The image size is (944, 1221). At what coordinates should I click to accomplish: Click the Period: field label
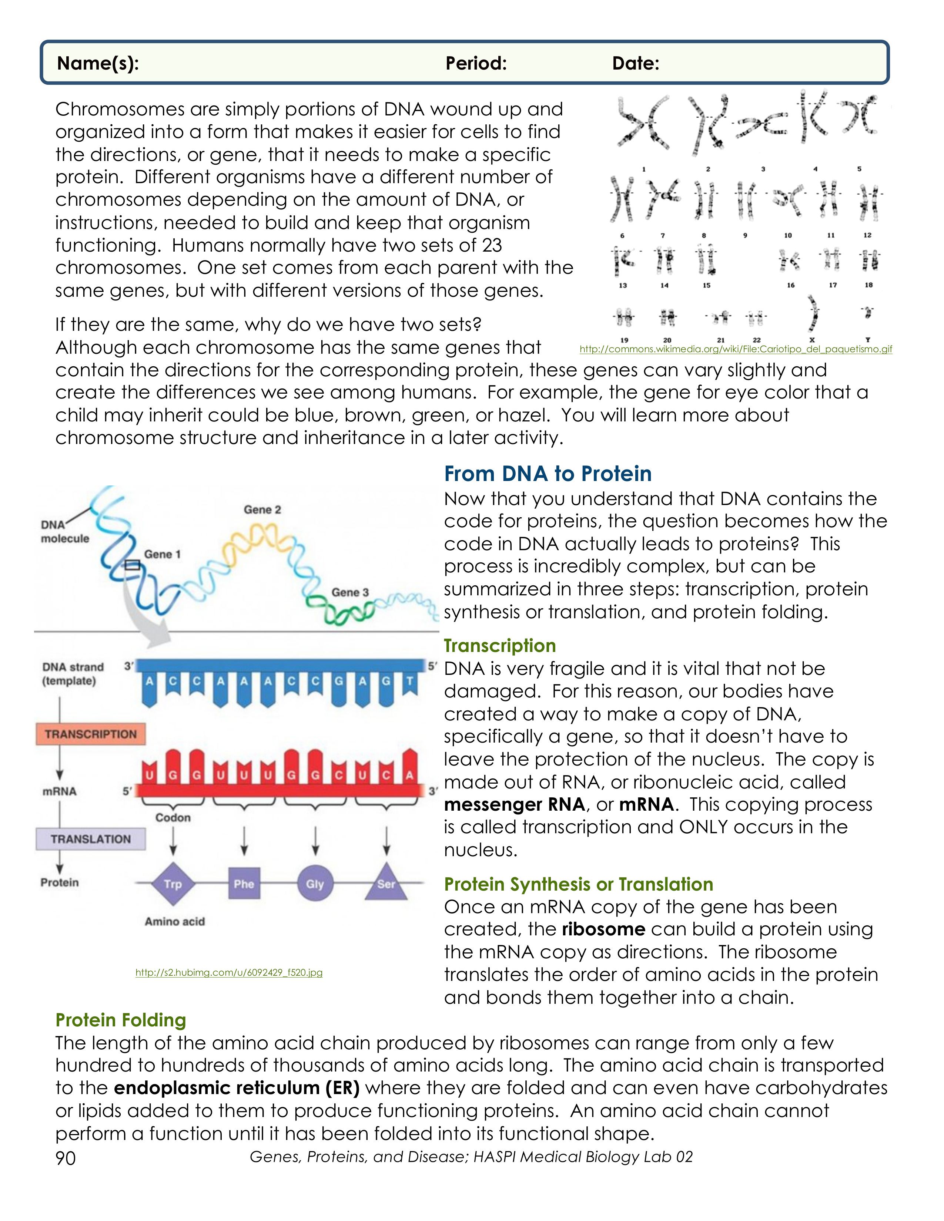click(x=476, y=63)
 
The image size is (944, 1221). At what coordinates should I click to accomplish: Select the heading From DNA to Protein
click(x=548, y=474)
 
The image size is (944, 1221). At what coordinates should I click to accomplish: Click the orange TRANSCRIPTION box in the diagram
click(x=91, y=734)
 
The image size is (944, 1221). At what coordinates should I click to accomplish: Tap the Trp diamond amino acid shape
click(x=173, y=884)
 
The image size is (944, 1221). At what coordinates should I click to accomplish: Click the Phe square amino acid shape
click(x=244, y=884)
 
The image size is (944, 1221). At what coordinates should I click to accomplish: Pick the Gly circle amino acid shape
click(x=315, y=884)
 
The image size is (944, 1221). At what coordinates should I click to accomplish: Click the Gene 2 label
click(x=262, y=509)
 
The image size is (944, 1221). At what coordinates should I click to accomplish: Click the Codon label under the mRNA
click(x=173, y=817)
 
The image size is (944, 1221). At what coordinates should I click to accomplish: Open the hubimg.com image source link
click(x=229, y=972)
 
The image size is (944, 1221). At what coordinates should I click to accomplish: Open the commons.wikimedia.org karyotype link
click(x=736, y=349)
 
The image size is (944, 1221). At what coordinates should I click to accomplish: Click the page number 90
click(x=66, y=1158)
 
